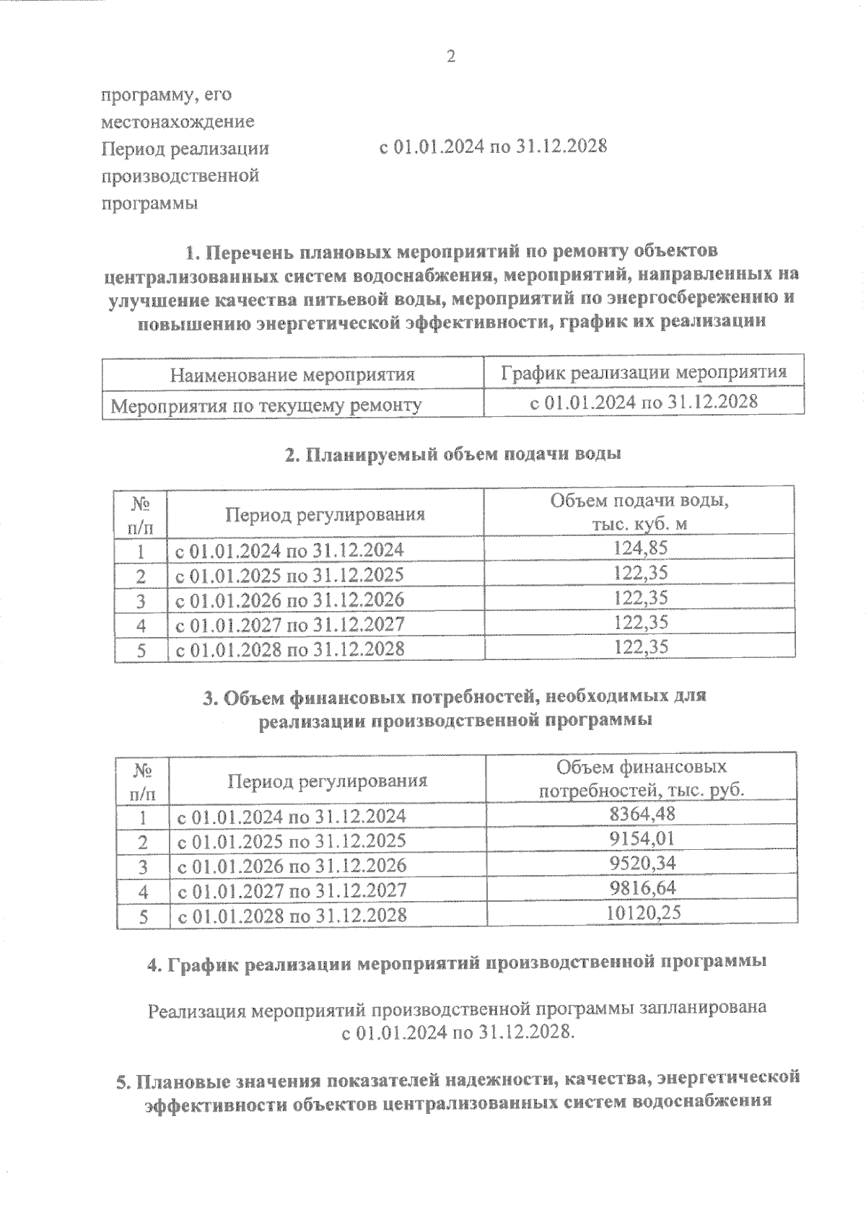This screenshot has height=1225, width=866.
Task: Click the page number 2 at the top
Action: pyautogui.click(x=451, y=57)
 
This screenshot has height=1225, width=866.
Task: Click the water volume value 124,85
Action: pyautogui.click(x=640, y=548)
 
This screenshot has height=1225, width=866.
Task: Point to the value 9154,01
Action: pyautogui.click(x=642, y=839)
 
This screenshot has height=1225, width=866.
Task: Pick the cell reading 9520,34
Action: pyautogui.click(x=642, y=864)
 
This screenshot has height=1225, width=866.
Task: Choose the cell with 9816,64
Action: pyautogui.click(x=642, y=888)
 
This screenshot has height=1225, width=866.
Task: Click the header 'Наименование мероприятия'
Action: pyautogui.click(x=292, y=374)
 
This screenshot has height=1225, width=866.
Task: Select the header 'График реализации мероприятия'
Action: pyautogui.click(x=643, y=372)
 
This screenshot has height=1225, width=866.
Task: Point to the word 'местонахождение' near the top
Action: pyautogui.click(x=178, y=121)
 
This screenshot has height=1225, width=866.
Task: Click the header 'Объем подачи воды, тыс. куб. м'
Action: pyautogui.click(x=639, y=511)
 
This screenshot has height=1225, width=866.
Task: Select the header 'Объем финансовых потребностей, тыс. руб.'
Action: pyautogui.click(x=642, y=777)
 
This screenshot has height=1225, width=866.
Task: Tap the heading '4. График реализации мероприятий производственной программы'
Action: pyautogui.click(x=456, y=963)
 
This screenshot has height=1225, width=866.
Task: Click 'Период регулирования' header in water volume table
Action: pyautogui.click(x=325, y=514)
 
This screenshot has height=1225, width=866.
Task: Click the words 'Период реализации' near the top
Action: pyautogui.click(x=185, y=149)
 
